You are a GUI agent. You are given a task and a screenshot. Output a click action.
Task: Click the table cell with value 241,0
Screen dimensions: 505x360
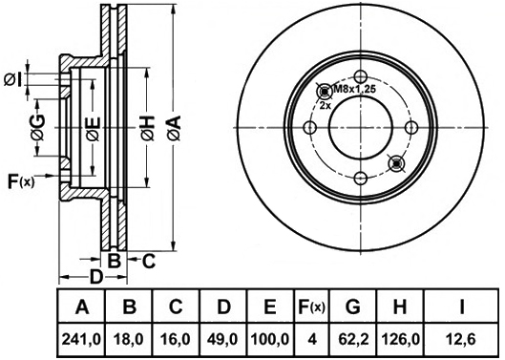[x=81, y=339]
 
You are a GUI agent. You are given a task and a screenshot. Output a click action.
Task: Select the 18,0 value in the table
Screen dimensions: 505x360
[x=129, y=339]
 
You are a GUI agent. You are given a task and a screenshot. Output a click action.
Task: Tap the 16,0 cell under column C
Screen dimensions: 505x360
[x=176, y=339]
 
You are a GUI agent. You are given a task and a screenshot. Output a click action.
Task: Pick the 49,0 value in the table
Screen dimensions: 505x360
[x=223, y=339]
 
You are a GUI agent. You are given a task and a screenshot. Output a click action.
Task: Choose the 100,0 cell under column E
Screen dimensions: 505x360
[x=270, y=339]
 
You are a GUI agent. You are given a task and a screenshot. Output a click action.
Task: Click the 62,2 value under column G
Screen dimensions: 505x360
[x=353, y=339]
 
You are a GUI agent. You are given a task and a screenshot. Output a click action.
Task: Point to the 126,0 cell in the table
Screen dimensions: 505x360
[x=400, y=339]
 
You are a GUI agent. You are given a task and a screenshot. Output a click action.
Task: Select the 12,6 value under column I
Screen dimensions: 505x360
[x=461, y=339]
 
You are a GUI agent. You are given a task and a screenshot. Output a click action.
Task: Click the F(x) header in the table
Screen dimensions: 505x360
[x=312, y=307]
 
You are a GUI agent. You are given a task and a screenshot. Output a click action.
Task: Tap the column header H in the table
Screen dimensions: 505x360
[x=400, y=307]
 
